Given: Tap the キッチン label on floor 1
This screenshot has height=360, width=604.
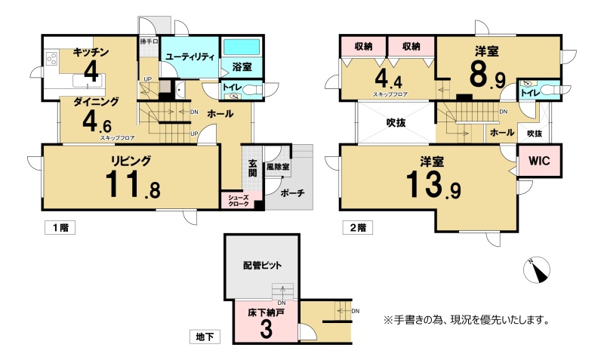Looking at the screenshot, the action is click(x=91, y=52).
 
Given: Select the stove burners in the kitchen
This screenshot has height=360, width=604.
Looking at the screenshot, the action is click(x=51, y=59).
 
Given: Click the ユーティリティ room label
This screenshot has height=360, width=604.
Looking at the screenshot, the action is click(x=190, y=57).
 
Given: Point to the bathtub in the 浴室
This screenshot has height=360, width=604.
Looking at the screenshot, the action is click(x=242, y=48).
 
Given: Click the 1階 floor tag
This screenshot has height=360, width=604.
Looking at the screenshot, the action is click(x=60, y=228).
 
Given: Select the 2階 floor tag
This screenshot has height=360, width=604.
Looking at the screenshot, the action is click(x=358, y=228).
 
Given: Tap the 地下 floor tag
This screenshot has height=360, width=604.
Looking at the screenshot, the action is click(x=205, y=337).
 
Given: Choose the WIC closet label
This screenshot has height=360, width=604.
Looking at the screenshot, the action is click(x=539, y=161).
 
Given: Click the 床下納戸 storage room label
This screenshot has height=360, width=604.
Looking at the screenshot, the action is click(x=267, y=312).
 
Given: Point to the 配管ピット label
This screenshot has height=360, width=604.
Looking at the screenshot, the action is click(x=262, y=266).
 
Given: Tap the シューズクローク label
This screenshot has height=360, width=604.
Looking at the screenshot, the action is click(x=239, y=201).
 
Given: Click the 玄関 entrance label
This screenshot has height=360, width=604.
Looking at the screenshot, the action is click(x=252, y=168).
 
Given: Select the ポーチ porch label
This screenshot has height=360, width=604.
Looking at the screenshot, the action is click(x=292, y=192).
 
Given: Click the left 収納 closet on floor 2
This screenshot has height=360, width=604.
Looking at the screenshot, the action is click(x=363, y=46).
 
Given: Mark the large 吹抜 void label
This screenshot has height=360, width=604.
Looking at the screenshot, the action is click(x=396, y=123).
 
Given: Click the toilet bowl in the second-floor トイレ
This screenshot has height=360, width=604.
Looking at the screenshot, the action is click(x=550, y=90).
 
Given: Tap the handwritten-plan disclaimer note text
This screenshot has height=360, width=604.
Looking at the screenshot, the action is click(x=466, y=320).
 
